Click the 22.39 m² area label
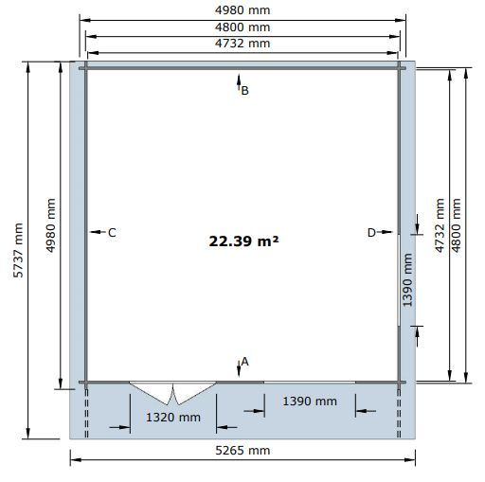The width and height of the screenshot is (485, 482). (x=243, y=241)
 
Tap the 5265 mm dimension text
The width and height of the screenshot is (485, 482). (x=242, y=451)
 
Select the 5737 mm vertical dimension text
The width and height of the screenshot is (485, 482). (x=18, y=250)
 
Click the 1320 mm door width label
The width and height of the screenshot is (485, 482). (x=173, y=418)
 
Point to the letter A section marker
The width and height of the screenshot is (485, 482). (x=244, y=362)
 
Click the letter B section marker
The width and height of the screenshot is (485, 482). (x=244, y=91)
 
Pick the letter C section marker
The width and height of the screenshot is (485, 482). (x=112, y=233)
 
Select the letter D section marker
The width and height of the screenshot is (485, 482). (x=371, y=233)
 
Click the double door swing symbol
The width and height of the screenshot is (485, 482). (x=173, y=393)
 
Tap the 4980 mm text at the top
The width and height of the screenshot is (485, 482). (x=242, y=10)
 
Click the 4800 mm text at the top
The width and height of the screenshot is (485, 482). (x=242, y=27)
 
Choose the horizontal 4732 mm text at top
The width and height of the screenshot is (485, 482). (x=242, y=44)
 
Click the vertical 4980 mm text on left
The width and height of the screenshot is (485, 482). (x=51, y=225)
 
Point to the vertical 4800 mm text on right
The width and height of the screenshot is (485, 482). (x=457, y=225)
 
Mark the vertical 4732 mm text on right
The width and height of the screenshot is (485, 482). (x=440, y=225)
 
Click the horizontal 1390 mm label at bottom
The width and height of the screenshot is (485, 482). (x=310, y=402)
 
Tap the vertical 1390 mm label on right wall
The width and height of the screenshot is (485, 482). (x=407, y=279)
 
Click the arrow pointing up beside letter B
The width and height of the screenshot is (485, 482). (x=239, y=82)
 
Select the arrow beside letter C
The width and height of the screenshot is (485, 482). (x=98, y=232)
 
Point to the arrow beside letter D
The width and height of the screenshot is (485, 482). (x=385, y=232)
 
